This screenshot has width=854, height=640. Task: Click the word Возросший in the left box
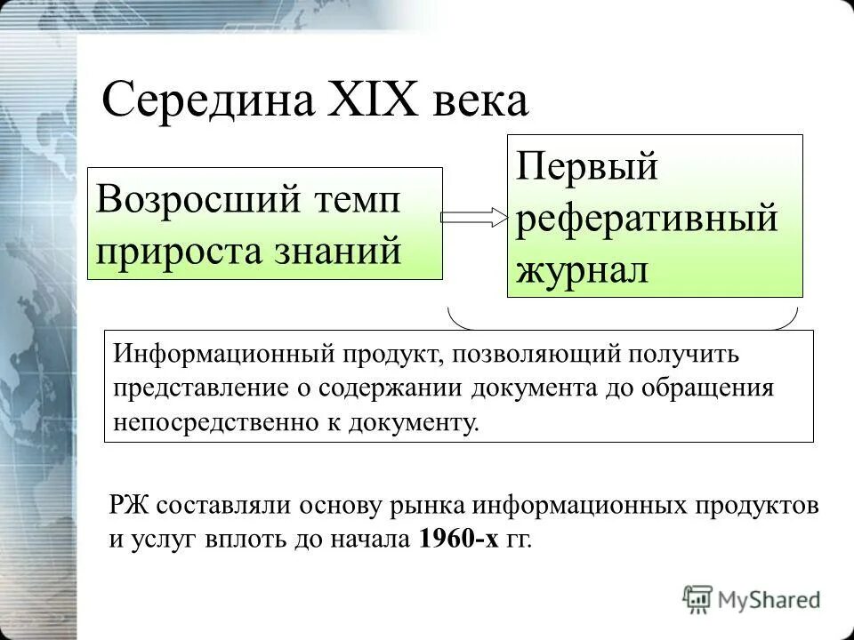pyautogui.click(x=197, y=198)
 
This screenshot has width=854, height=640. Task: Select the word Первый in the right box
pyautogui.click(x=587, y=167)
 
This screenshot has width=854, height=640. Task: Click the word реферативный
pyautogui.click(x=648, y=218)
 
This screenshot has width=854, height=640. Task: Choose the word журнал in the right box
pyautogui.click(x=583, y=268)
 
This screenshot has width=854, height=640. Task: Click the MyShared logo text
pyautogui.click(x=770, y=599)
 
